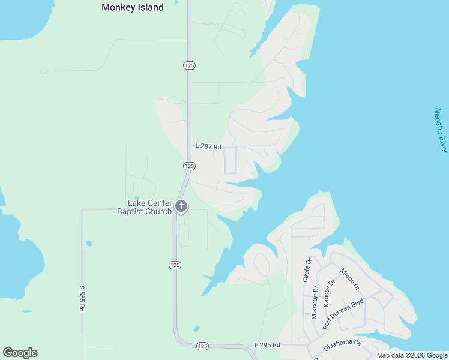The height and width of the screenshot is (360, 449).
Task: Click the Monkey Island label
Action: (132, 8)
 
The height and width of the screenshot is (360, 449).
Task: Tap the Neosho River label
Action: (441, 131)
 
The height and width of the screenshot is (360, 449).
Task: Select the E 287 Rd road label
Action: (208, 146)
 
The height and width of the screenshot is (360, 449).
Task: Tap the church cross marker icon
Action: (181, 207)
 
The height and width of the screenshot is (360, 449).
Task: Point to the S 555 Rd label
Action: (82, 297)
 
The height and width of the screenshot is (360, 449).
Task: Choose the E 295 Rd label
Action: (267, 345)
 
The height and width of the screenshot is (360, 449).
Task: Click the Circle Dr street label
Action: (308, 270)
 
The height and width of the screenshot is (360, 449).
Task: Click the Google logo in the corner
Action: (20, 353)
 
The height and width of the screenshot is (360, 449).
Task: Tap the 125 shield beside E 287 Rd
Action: (189, 166)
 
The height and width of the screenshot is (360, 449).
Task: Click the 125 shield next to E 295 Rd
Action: (202, 346)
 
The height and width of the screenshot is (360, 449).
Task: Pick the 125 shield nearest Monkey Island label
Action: (189, 65)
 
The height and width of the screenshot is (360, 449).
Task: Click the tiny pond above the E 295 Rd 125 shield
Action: (196, 329)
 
